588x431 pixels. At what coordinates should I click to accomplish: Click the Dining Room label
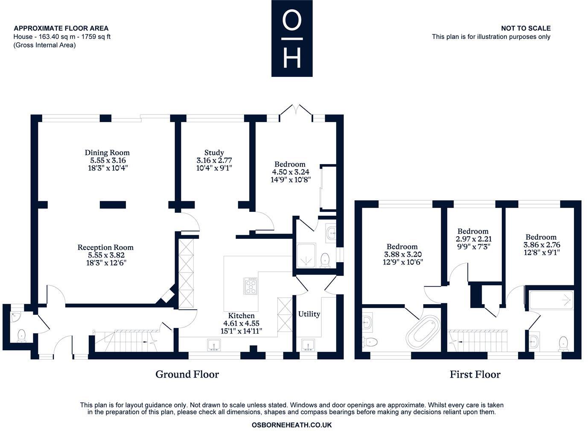(107, 152)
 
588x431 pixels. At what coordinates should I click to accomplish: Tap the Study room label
(214, 152)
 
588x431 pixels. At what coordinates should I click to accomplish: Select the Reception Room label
(105, 247)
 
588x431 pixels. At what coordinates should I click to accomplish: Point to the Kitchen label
(241, 316)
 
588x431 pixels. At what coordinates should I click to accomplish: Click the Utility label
(309, 314)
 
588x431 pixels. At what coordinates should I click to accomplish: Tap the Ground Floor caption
(187, 374)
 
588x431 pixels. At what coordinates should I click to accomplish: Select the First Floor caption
(475, 374)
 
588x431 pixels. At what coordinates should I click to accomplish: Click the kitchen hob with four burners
(250, 286)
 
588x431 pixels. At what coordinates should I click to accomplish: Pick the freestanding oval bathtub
(423, 332)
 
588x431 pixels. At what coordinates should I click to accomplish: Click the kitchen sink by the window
(214, 345)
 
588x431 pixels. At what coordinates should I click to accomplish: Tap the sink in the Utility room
(308, 345)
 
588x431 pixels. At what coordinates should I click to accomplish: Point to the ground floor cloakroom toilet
(21, 336)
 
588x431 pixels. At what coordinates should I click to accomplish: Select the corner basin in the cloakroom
(15, 317)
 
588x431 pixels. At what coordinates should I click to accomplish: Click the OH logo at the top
(292, 38)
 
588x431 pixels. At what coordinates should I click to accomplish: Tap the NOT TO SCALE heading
(526, 28)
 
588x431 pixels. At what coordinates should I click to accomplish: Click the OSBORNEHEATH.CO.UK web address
(291, 425)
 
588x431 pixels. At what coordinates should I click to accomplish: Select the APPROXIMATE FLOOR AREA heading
(61, 28)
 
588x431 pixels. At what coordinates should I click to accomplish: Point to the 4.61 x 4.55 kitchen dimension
(241, 323)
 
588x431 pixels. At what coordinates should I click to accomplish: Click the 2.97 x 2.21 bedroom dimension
(474, 239)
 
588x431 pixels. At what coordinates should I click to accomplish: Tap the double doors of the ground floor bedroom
(296, 113)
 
